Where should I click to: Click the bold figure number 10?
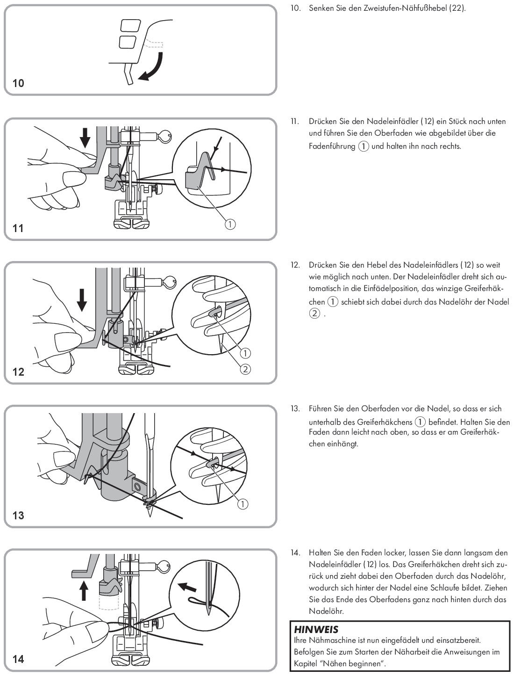[x=18, y=83]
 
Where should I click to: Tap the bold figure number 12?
[x=18, y=371]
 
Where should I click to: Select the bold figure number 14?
[x=18, y=659]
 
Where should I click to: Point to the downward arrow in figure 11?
[x=85, y=138]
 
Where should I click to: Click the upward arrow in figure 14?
[x=84, y=590]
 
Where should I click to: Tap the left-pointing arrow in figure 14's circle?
[x=187, y=586]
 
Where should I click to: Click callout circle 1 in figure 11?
[x=230, y=224]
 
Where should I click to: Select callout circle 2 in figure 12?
[x=245, y=369]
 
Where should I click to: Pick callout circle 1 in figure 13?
[x=243, y=504]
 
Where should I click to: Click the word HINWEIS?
[x=316, y=629]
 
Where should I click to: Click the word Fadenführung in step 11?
[x=332, y=146]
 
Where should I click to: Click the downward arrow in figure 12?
[x=82, y=299]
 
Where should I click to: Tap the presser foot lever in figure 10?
[x=129, y=74]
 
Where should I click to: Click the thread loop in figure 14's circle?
[x=197, y=601]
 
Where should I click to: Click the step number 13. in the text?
[x=295, y=408]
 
